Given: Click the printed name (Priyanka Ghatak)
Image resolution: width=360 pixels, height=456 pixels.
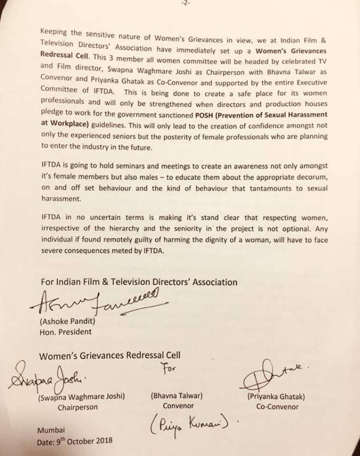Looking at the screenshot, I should coord(276,397).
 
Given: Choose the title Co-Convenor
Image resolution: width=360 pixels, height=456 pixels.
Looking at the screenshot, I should coord(277,407).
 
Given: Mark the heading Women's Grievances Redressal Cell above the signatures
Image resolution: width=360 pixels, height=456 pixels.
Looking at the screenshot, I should coord(110,355).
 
